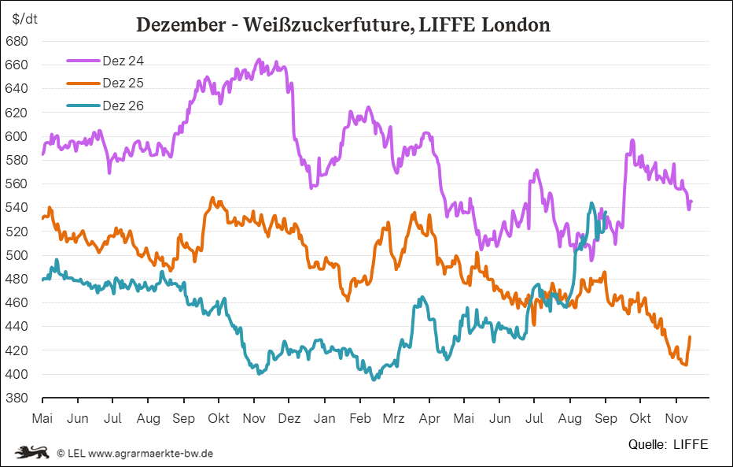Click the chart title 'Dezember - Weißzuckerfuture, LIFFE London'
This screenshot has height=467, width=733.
click(x=343, y=24)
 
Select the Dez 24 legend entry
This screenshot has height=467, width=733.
click(x=105, y=61)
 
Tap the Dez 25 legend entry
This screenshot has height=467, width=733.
click(x=105, y=83)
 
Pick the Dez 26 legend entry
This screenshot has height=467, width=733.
click(x=105, y=106)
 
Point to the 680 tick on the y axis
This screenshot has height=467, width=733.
click(x=17, y=41)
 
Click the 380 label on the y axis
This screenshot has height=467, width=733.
click(x=17, y=398)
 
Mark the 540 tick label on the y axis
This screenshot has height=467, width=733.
click(x=17, y=207)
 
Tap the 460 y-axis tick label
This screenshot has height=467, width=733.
click(x=17, y=302)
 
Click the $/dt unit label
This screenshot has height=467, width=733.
click(x=25, y=19)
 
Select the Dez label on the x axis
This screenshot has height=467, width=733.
click(x=289, y=418)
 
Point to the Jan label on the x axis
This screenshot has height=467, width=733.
click(x=325, y=418)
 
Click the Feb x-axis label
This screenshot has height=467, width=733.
click(x=360, y=418)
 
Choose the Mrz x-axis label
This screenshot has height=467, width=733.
click(x=393, y=418)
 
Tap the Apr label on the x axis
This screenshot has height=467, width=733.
click(x=429, y=419)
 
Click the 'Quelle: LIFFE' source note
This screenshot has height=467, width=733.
click(x=668, y=444)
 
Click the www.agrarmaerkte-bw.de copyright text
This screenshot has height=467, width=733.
click(x=150, y=454)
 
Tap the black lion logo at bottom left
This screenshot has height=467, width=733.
click(x=31, y=453)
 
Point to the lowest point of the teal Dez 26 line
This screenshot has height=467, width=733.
click(x=374, y=380)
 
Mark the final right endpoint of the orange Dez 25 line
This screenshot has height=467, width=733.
click(x=690, y=337)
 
